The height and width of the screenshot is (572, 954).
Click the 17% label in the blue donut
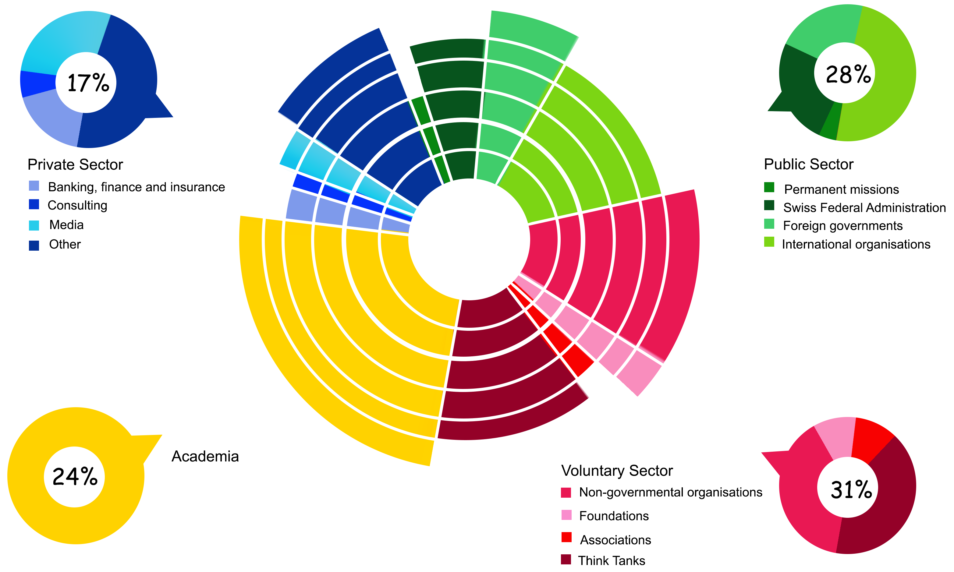(88, 83)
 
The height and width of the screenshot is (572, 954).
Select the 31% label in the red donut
(851, 490)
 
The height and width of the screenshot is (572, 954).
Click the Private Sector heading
(75, 164)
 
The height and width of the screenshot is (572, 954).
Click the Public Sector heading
(809, 164)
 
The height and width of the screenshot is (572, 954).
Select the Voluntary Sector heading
(617, 471)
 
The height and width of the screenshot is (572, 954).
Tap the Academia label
(205, 456)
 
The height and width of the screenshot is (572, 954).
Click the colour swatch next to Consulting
(34, 205)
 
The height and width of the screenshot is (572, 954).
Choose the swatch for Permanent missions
(769, 187)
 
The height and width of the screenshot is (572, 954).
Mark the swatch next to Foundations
(566, 515)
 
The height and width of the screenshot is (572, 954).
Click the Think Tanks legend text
(612, 560)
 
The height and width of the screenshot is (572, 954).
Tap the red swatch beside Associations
(566, 537)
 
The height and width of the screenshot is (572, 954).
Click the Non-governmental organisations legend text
(671, 493)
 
